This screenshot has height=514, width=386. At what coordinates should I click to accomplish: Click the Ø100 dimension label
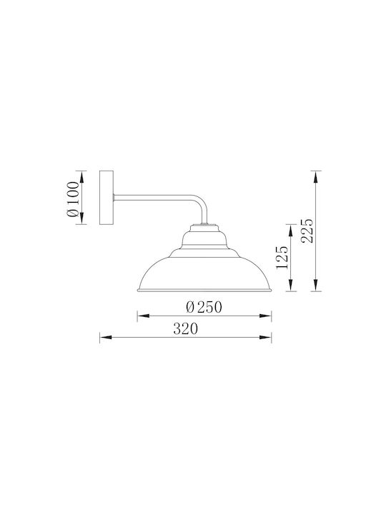73,199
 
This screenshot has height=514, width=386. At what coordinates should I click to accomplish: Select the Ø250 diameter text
204,308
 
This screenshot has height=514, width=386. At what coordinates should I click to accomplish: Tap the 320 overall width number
185,329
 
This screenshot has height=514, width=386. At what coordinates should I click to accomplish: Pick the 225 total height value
307,231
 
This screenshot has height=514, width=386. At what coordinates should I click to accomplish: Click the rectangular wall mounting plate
107,198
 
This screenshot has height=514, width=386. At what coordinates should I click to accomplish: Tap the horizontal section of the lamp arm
154,197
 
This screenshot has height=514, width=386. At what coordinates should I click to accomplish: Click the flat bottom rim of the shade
204,290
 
